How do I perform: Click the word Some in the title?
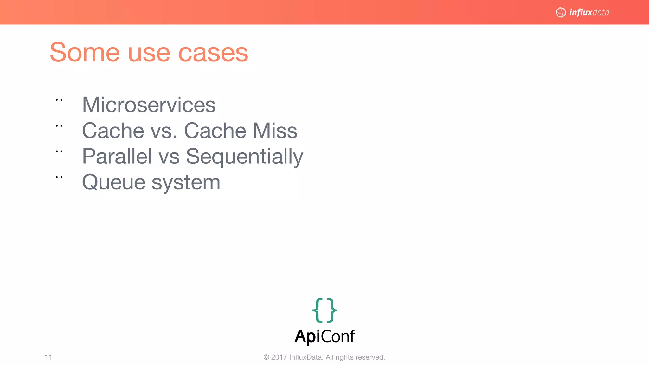pyautogui.click(x=85, y=52)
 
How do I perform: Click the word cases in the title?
pyautogui.click(x=213, y=53)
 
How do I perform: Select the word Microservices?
pyautogui.click(x=149, y=105)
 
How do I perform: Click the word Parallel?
pyautogui.click(x=117, y=156)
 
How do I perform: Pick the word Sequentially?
pyautogui.click(x=244, y=157)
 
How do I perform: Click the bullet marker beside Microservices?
pyautogui.click(x=59, y=100)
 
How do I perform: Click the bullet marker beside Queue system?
pyautogui.click(x=59, y=177)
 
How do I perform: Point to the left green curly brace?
pyautogui.click(x=317, y=310)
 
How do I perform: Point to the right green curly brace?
pyautogui.click(x=332, y=310)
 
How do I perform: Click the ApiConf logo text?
pyautogui.click(x=324, y=336)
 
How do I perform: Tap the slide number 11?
pyautogui.click(x=48, y=357)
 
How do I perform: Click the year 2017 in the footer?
pyautogui.click(x=279, y=357)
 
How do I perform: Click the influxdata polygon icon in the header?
pyautogui.click(x=561, y=12)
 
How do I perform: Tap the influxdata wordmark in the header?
pyautogui.click(x=589, y=12)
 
